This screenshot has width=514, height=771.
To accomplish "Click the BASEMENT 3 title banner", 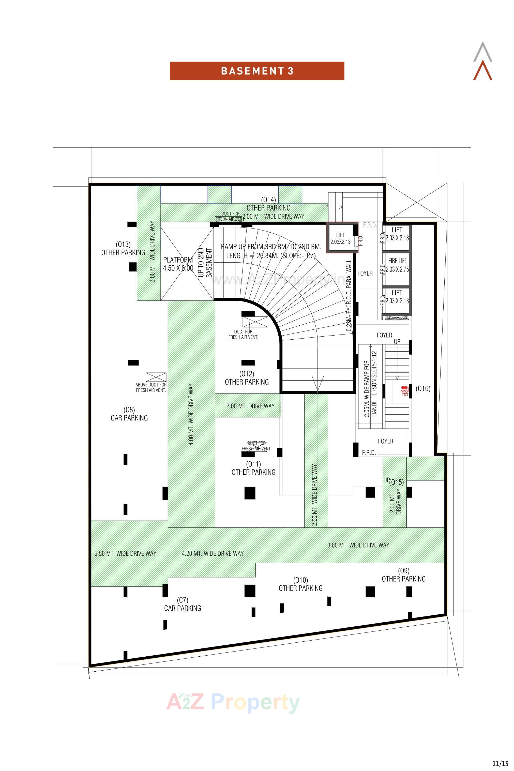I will click(257, 71).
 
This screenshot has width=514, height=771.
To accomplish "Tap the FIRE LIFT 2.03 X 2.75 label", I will click(397, 265).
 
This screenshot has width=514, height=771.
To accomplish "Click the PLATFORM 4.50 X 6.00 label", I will click(178, 264).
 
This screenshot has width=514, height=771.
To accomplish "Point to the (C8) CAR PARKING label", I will click(129, 414).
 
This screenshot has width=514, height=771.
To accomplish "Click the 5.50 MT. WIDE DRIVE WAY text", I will click(125, 554).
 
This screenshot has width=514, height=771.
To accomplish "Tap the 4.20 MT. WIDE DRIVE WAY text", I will click(213, 554).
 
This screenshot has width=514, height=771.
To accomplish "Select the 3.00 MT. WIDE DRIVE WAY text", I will click(358, 545).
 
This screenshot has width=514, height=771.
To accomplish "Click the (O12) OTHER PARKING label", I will click(247, 378).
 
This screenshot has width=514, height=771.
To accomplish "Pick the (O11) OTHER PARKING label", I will click(254, 468).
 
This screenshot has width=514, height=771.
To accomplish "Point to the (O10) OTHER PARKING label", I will click(300, 584).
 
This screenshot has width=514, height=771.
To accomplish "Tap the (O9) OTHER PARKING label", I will click(403, 575).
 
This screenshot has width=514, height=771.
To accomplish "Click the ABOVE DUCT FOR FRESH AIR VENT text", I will click(151, 387).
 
